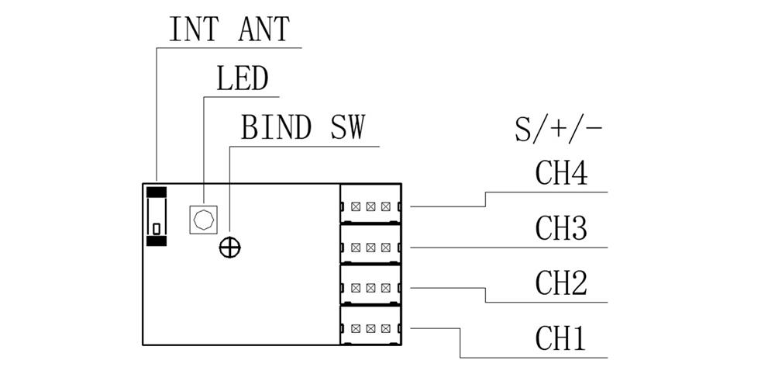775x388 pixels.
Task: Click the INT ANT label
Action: (229, 29)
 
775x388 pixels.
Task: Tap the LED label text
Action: (242, 78)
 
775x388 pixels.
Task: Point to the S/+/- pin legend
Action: (558, 129)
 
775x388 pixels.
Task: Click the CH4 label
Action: (561, 174)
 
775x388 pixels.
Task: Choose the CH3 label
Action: (561, 228)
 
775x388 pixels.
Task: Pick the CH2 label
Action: (561, 284)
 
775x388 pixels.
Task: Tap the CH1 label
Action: (561, 338)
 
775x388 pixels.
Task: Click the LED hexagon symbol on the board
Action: (204, 220)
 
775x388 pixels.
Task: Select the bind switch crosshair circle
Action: (230, 248)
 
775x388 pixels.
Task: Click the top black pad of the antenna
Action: (157, 192)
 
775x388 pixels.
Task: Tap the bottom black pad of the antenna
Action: (157, 241)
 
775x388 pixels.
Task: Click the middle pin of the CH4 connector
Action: (370, 207)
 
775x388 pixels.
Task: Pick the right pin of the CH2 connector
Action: (385, 288)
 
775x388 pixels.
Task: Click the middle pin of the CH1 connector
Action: (370, 328)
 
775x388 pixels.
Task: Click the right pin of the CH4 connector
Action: (385, 207)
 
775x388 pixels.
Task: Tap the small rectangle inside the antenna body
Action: (157, 228)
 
